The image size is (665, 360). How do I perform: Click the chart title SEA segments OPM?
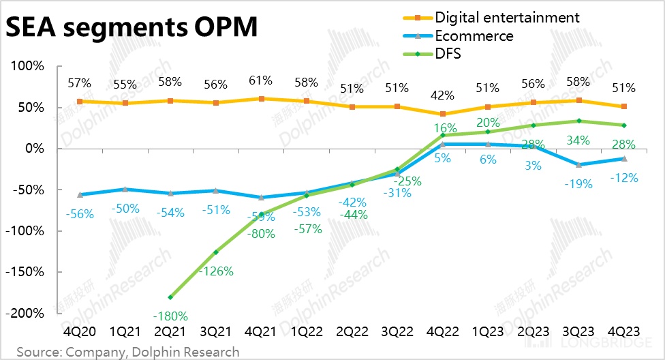pyautogui.click(x=132, y=28)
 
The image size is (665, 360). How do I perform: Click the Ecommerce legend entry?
pyautogui.click(x=474, y=35)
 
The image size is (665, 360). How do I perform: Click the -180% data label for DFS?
pyautogui.click(x=170, y=316)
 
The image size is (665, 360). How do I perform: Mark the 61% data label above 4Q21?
pyautogui.click(x=261, y=82)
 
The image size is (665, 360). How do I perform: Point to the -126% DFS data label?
pyautogui.click(x=217, y=271)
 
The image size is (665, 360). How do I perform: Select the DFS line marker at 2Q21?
pyautogui.click(x=170, y=297)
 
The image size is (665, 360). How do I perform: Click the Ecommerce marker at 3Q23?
pyautogui.click(x=578, y=164)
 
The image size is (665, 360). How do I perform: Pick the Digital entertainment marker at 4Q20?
pyautogui.click(x=80, y=102)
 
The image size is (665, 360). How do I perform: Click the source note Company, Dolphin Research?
pyautogui.click(x=128, y=352)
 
